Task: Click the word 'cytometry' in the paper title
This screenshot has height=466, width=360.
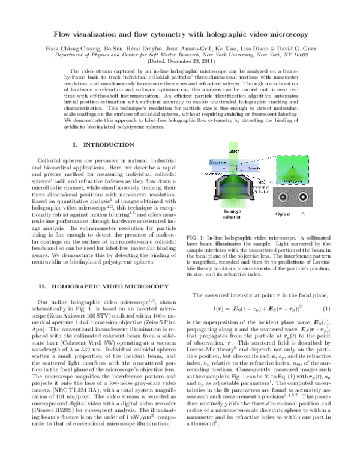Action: click(194, 35)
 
